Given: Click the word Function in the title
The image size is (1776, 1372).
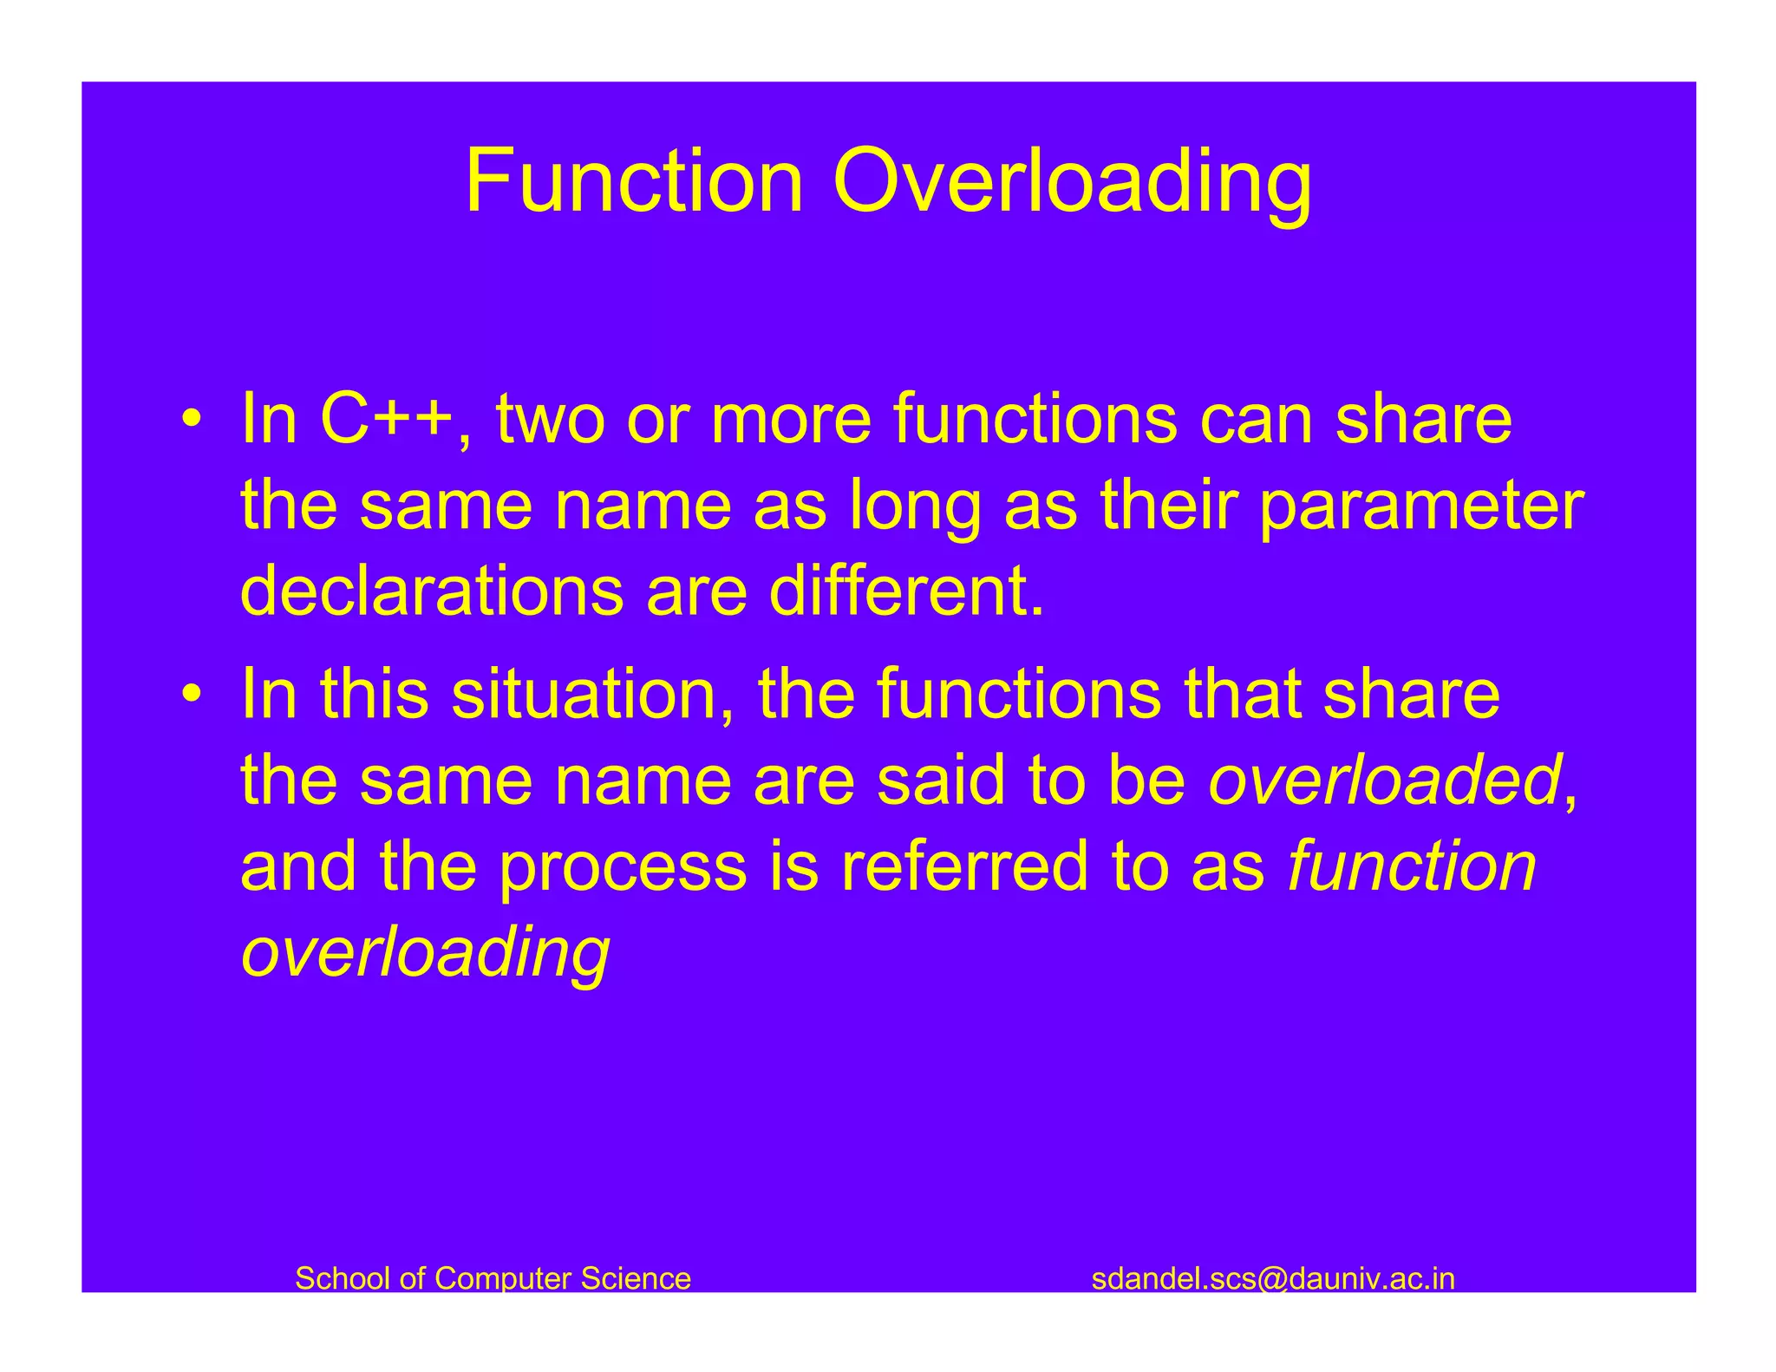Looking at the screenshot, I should pos(634,181).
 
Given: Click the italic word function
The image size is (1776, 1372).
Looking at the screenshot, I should pos(1412,867).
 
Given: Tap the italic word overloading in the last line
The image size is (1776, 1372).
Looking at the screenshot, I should pos(425,954).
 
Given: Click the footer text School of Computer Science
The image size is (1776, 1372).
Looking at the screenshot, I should pos(493,1278).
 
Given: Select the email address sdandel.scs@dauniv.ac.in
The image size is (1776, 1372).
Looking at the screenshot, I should pos(1272,1278).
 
